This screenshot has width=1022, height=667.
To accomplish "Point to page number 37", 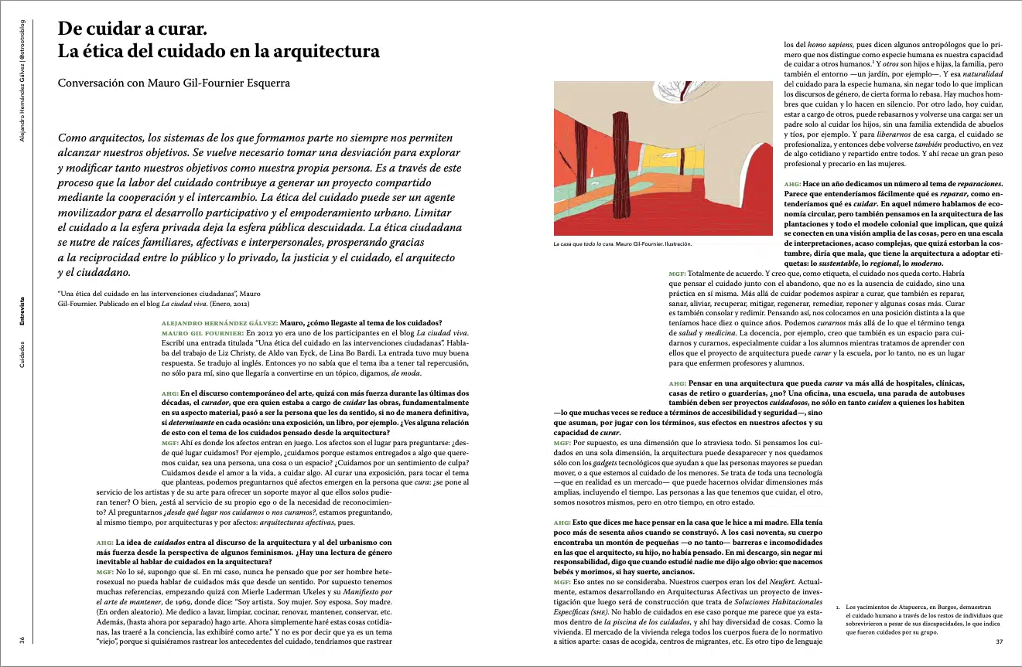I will [999, 641].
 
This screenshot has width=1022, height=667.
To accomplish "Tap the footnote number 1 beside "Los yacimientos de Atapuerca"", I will [839, 608].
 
